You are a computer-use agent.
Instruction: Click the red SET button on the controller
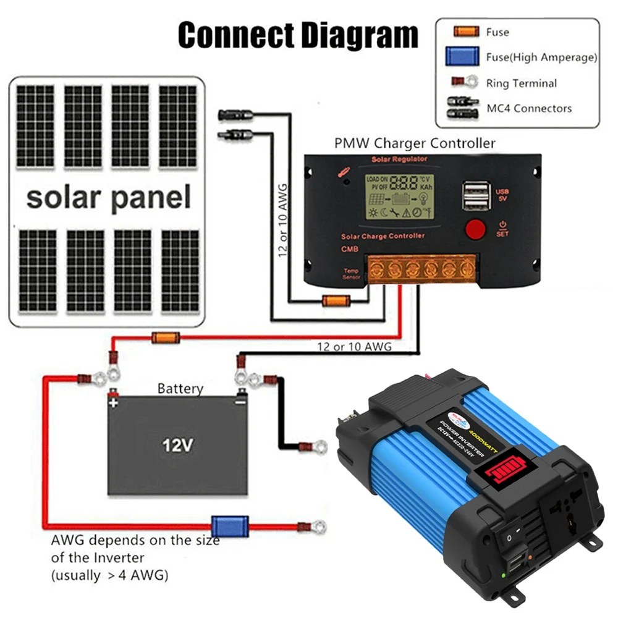pyautogui.click(x=475, y=229)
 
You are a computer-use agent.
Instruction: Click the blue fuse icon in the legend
pyautogui.click(x=463, y=57)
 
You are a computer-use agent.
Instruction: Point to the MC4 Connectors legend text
pyautogui.click(x=529, y=108)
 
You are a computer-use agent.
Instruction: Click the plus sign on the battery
pyautogui.click(x=113, y=402)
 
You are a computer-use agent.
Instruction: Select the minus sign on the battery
pyautogui.click(x=240, y=402)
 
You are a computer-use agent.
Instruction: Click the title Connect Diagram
pyautogui.click(x=298, y=35)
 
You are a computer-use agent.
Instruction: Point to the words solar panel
pyautogui.click(x=108, y=198)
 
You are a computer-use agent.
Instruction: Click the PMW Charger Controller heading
pyautogui.click(x=415, y=143)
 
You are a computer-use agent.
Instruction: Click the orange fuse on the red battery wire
pyautogui.click(x=166, y=337)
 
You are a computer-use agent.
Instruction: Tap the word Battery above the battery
pyautogui.click(x=180, y=389)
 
